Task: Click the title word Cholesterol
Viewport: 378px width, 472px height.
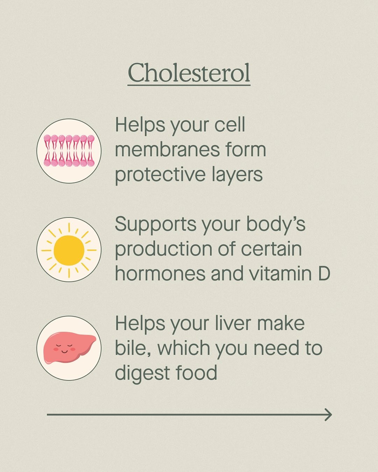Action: click(x=189, y=73)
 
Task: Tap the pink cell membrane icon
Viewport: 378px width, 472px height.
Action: click(x=69, y=150)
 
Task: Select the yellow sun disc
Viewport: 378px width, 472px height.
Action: click(x=69, y=250)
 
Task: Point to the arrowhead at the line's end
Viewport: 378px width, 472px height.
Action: click(x=328, y=415)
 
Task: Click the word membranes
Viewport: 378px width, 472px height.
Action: click(x=167, y=150)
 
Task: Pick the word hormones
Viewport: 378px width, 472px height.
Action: click(x=160, y=273)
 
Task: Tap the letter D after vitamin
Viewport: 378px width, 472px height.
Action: click(x=324, y=273)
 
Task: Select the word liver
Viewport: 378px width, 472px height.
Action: click(x=233, y=323)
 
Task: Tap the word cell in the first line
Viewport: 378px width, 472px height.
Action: click(x=230, y=124)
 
